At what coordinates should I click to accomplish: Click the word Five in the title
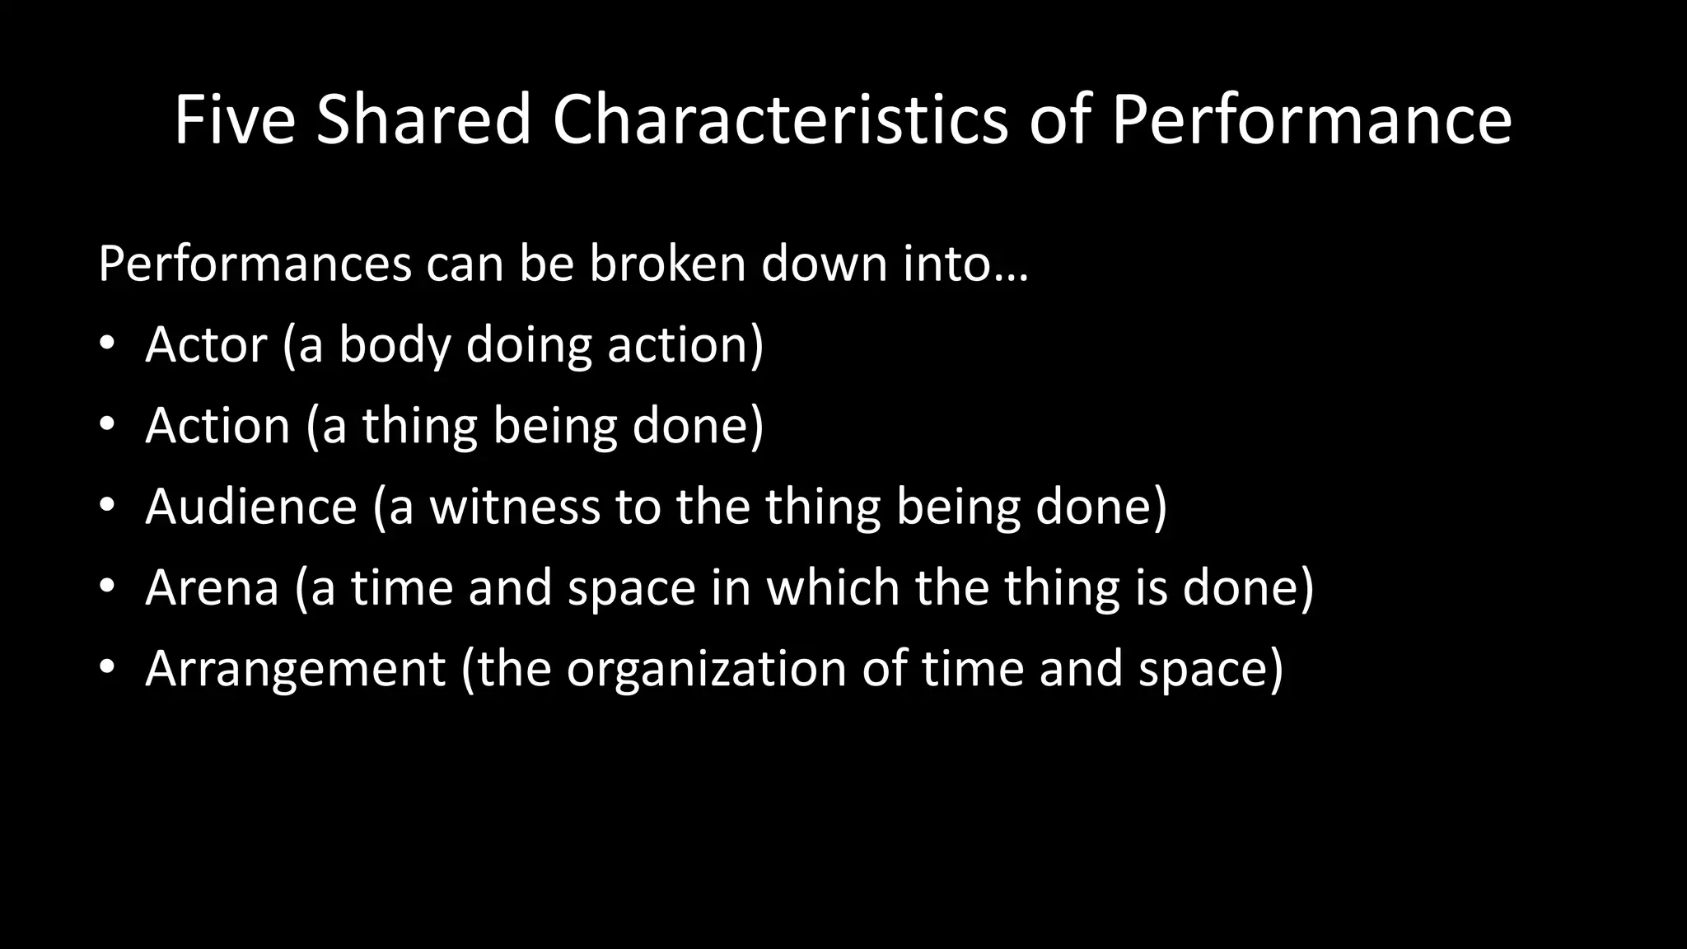(x=234, y=120)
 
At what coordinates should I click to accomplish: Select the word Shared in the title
(x=423, y=120)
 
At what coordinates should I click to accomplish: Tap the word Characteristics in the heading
(x=780, y=120)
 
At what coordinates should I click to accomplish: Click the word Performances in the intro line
(x=255, y=264)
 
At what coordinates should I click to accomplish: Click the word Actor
(x=206, y=344)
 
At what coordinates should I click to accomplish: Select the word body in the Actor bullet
(x=395, y=346)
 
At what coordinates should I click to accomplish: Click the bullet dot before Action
(x=107, y=426)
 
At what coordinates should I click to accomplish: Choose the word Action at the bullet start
(x=217, y=426)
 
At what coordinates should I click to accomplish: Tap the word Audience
(x=251, y=506)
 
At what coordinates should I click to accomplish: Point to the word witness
(x=515, y=506)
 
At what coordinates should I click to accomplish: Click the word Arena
(x=212, y=587)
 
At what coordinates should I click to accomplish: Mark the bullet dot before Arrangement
(x=107, y=668)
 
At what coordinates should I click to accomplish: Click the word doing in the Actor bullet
(x=528, y=346)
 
